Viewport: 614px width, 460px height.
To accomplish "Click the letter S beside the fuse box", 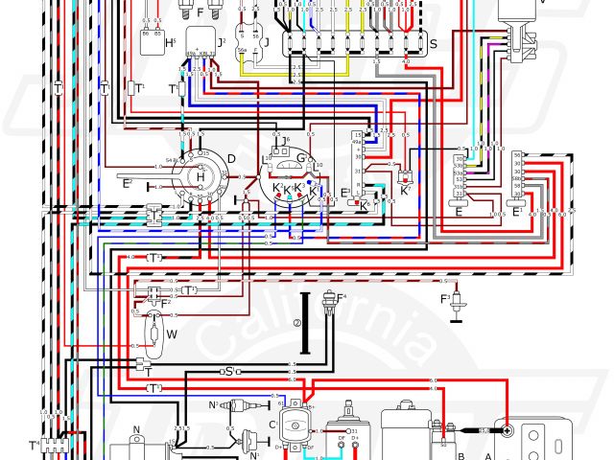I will click(434, 45).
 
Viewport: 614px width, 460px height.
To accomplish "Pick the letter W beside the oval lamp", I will click(172, 334).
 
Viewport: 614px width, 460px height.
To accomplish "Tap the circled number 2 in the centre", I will click(297, 324).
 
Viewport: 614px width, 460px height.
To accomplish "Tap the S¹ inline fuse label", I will click(228, 371).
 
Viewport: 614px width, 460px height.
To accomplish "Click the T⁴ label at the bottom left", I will click(35, 444).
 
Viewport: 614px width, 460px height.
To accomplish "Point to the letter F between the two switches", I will click(199, 15).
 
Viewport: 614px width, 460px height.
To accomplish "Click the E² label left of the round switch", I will click(127, 182).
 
